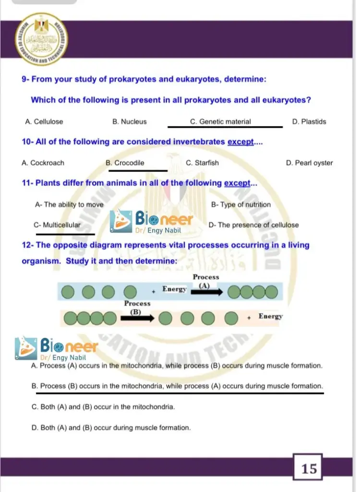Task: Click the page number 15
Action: click(x=310, y=468)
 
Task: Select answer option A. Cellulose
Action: click(x=44, y=122)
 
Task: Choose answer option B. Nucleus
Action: click(x=130, y=122)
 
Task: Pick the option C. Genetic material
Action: click(x=220, y=122)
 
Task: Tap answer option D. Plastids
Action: click(x=309, y=122)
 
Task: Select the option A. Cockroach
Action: click(x=43, y=163)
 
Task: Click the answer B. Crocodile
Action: click(x=125, y=163)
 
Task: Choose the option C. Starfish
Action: click(x=202, y=163)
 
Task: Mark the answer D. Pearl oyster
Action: click(x=310, y=163)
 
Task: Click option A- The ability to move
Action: click(x=69, y=205)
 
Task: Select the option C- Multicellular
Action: click(x=57, y=225)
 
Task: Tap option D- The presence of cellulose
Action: click(x=254, y=225)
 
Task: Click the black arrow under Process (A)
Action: click(x=210, y=291)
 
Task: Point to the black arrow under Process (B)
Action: click(x=137, y=318)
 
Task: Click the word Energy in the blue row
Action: click(x=174, y=289)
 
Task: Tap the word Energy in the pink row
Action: click(x=271, y=316)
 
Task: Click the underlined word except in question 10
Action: click(x=240, y=142)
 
